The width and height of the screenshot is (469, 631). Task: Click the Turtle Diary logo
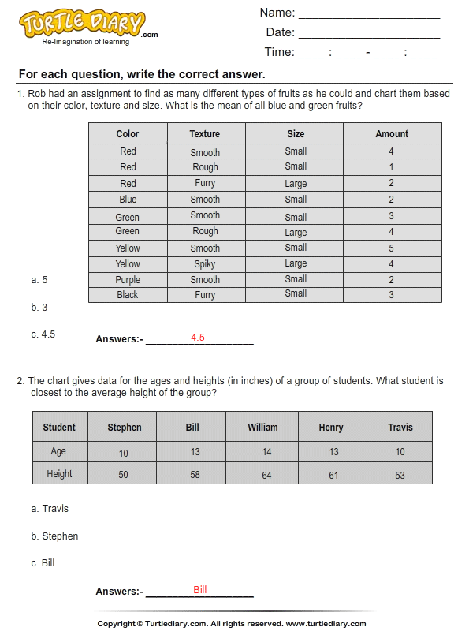coord(83,24)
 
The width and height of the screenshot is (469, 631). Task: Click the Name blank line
coord(369,15)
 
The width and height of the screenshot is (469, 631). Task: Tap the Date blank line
coord(369,35)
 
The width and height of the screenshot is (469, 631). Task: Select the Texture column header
coord(205,134)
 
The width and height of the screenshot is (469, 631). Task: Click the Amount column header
coord(392,134)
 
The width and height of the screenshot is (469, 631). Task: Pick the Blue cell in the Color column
coord(128,200)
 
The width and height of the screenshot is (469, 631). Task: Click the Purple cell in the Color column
coord(128,279)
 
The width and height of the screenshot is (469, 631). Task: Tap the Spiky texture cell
coord(205,264)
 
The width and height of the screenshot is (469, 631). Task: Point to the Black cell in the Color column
coord(128,295)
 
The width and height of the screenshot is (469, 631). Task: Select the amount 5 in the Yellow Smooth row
coord(391,248)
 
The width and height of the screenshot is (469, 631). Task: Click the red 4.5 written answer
coord(198,338)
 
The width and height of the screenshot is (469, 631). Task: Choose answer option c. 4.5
coord(43,334)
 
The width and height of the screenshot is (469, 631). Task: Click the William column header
coord(262,428)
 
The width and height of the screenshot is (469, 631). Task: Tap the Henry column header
coord(331,428)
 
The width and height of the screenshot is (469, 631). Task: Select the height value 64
coord(266,475)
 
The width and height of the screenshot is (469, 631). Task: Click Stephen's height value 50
coord(124,475)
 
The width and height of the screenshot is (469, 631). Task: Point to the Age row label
coord(59,452)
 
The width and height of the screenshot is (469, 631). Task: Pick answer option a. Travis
coord(50,509)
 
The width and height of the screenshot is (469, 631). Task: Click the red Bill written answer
coord(200,590)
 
